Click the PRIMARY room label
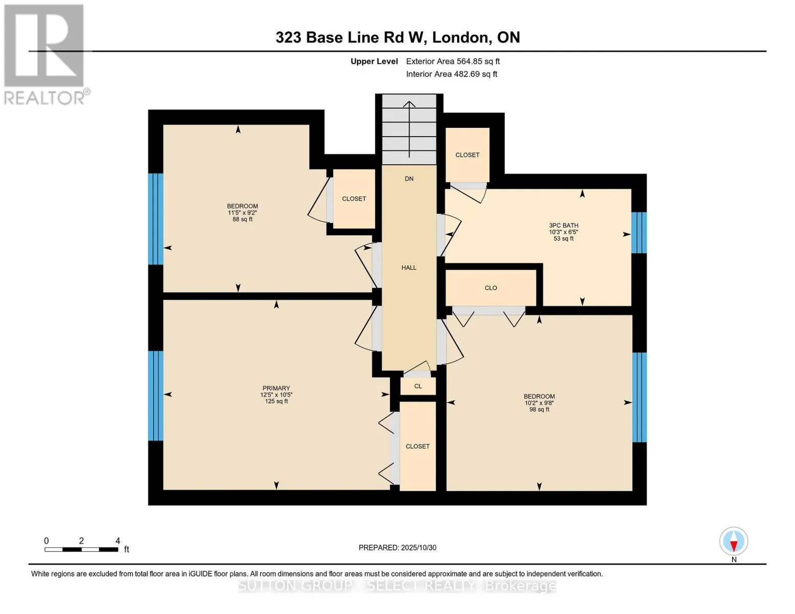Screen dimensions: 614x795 point(276,388)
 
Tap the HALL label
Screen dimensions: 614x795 point(409,268)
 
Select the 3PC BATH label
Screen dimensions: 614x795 point(563,226)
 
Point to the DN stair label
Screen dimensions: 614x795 point(409,179)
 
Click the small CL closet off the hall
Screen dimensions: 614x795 point(418,386)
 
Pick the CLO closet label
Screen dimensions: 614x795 point(490,288)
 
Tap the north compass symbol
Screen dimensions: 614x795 point(734,541)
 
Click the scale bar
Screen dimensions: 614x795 point(81,550)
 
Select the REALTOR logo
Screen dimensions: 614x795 point(45,54)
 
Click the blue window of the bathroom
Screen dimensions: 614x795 point(638,233)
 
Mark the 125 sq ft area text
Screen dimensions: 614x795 point(276,402)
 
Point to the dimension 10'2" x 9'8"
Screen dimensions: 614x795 point(539,403)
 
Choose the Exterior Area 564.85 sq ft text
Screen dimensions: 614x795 point(453,61)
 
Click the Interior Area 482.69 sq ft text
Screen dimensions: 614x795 point(452,74)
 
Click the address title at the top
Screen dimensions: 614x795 point(397,37)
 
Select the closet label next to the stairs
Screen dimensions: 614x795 point(467,155)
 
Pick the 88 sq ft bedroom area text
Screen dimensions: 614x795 point(242,220)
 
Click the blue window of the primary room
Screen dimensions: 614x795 point(156,396)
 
